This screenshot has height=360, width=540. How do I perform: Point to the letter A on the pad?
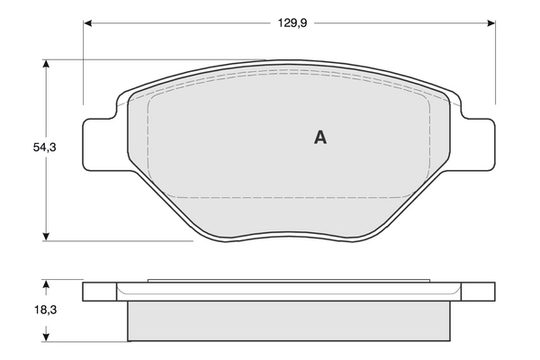[319, 138]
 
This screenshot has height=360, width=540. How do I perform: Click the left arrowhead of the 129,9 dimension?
[88, 22]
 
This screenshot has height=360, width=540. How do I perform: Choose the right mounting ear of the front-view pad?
[476, 147]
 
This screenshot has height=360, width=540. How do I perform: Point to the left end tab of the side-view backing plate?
[100, 292]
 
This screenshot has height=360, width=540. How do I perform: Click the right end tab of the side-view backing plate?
[479, 292]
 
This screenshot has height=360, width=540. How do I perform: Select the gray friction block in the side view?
[288, 320]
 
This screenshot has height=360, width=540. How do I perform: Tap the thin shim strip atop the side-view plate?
[288, 281]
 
